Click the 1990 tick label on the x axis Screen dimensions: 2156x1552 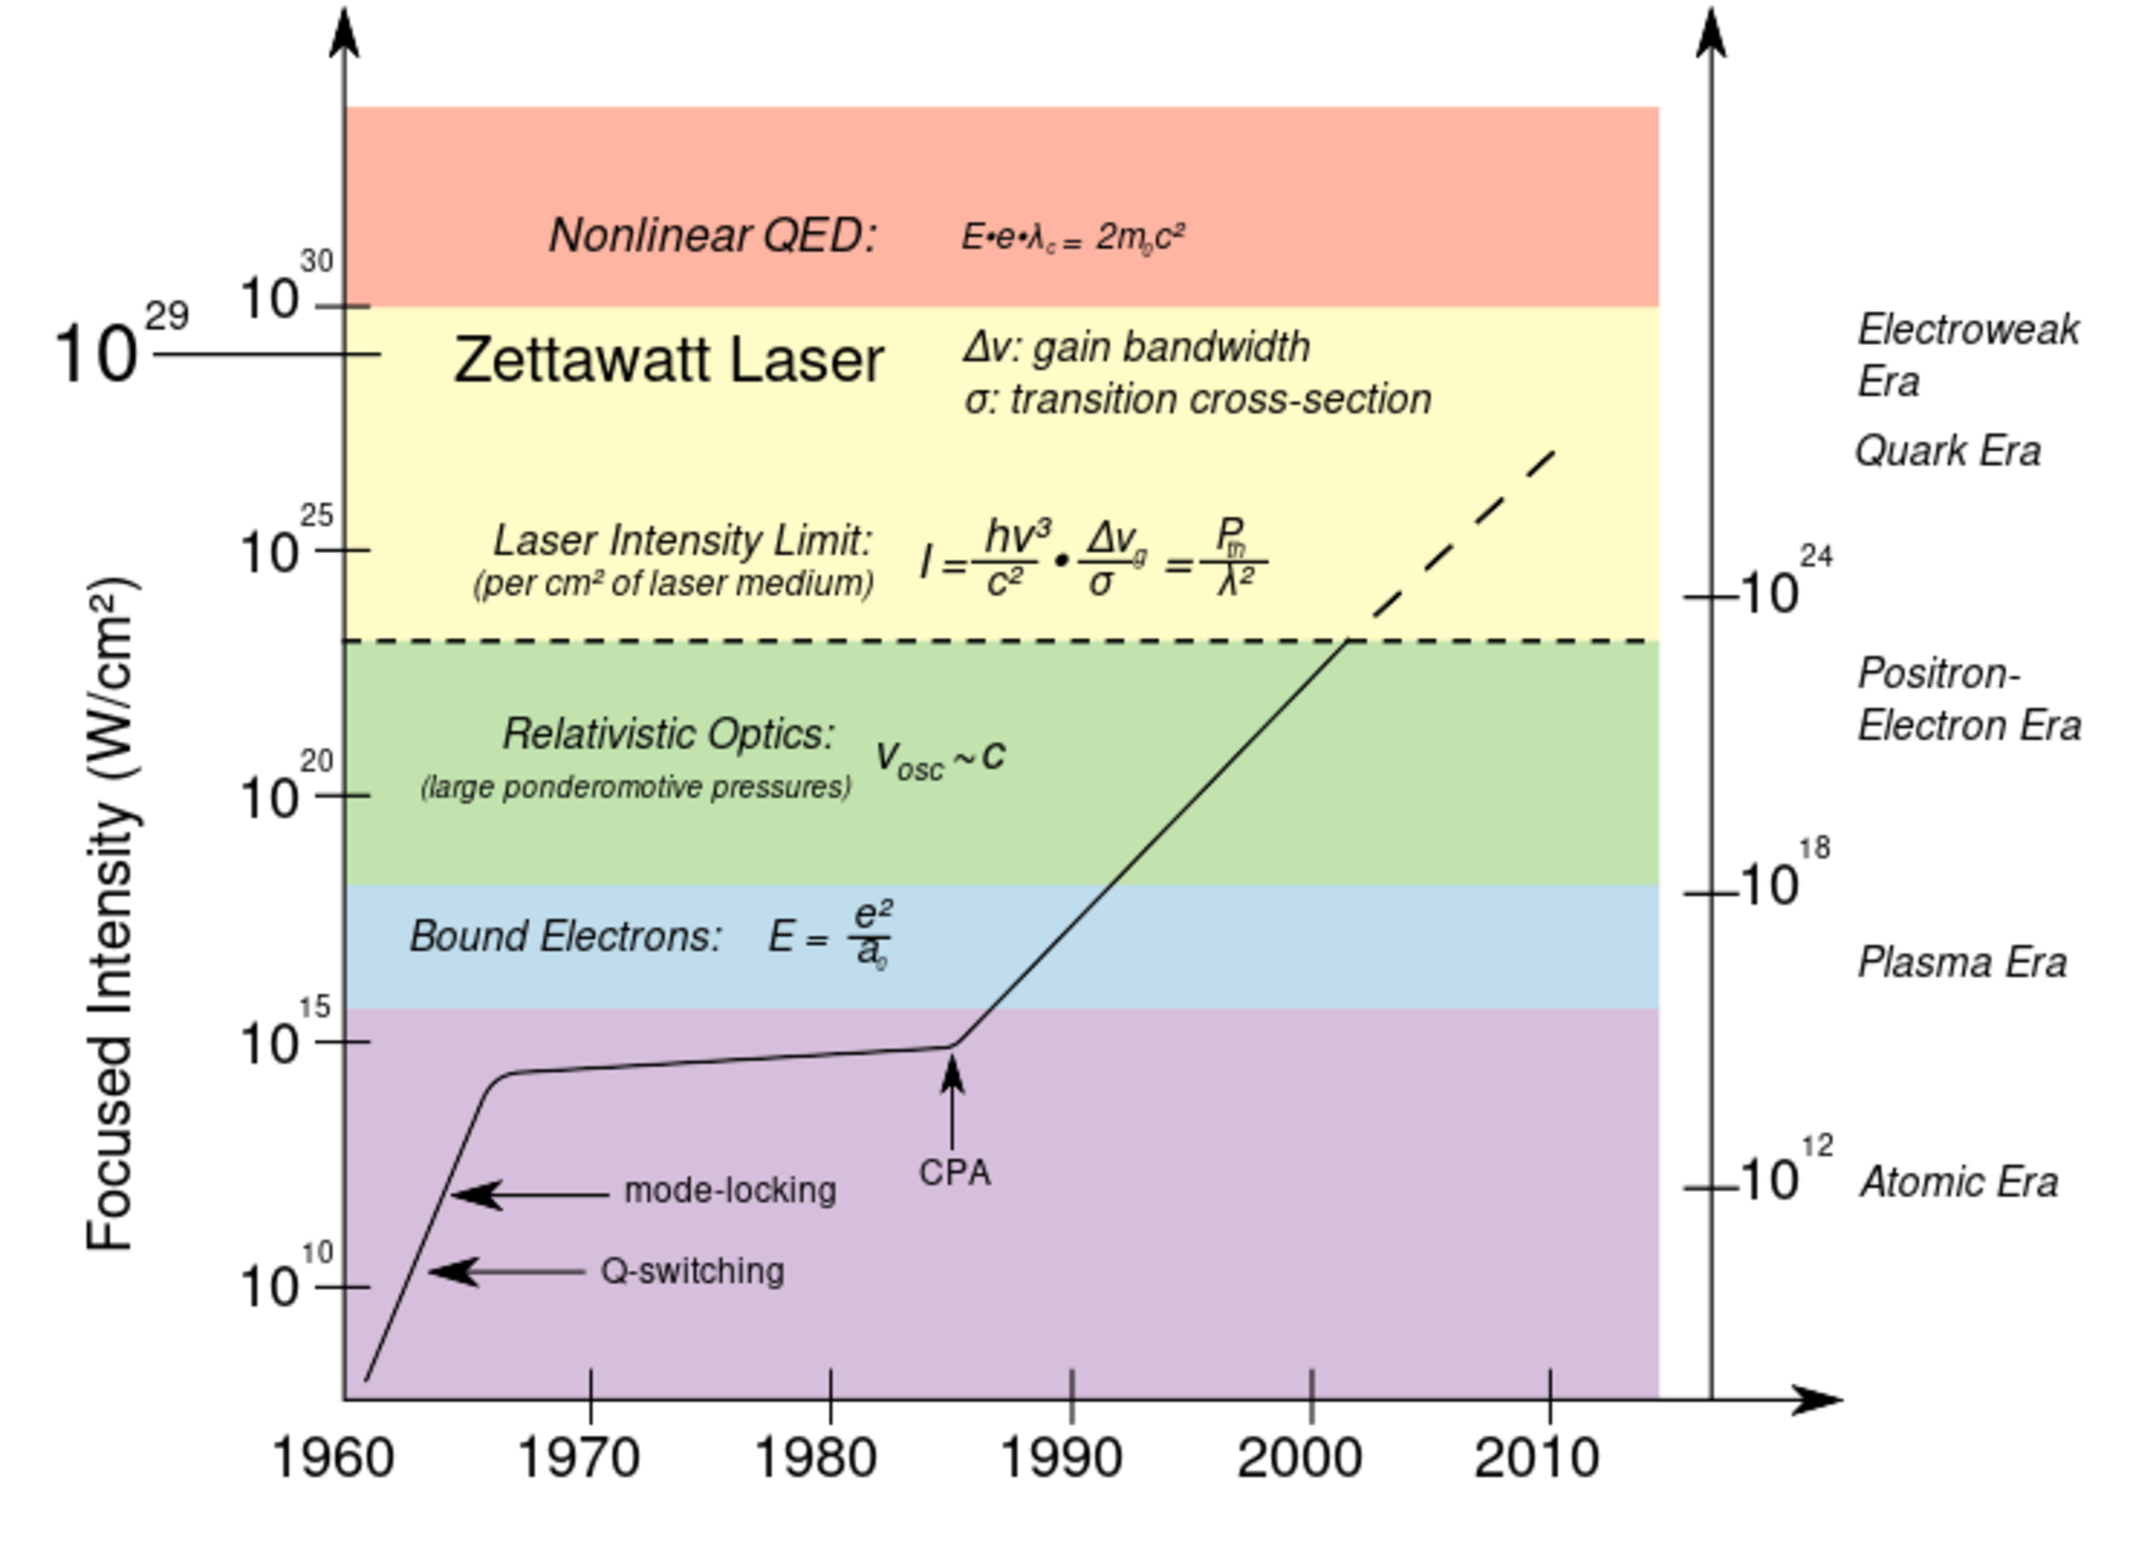click(1061, 1457)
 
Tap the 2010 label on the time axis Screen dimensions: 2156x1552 click(1536, 1457)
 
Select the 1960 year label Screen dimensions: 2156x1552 click(333, 1457)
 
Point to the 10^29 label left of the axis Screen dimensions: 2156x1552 click(121, 343)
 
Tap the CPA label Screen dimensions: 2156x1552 click(954, 1173)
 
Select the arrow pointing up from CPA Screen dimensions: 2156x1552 click(952, 1102)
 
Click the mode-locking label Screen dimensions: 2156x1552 click(730, 1190)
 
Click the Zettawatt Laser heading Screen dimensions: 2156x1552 click(669, 360)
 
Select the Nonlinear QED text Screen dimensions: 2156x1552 click(712, 235)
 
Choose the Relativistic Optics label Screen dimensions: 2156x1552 click(669, 733)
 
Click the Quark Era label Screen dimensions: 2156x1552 click(1948, 451)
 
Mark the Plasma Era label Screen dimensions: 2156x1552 click(1962, 963)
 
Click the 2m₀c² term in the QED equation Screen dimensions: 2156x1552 click(1139, 237)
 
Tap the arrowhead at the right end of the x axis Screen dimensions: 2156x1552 click(1821, 1399)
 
